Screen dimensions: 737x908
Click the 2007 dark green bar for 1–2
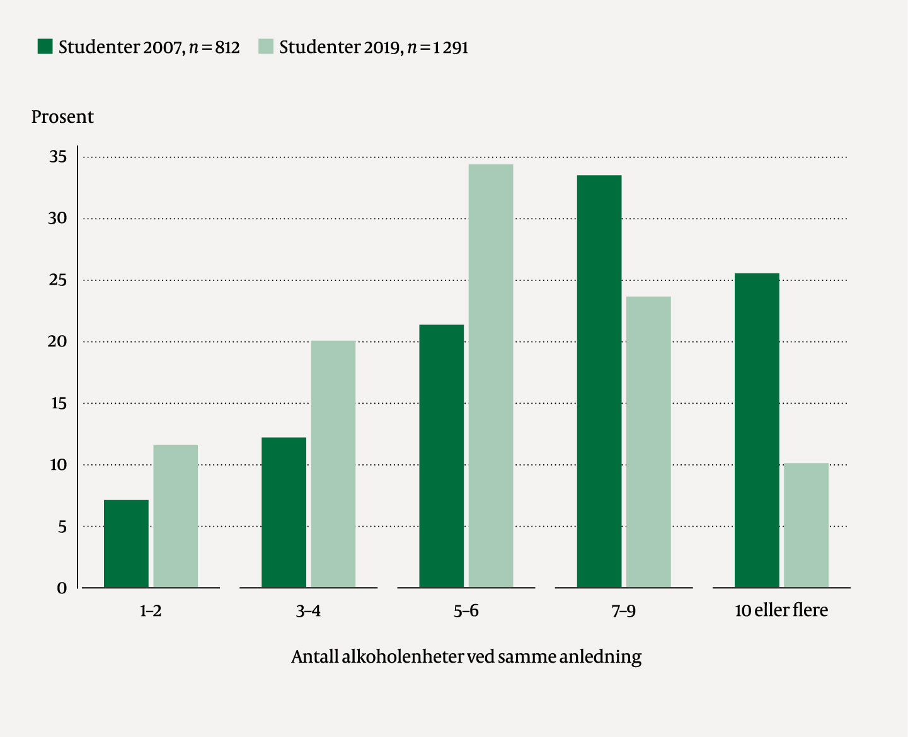tap(126, 544)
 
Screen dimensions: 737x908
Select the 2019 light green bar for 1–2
tap(175, 516)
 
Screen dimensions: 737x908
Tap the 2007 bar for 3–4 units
tap(284, 512)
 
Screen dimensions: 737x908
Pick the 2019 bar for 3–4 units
tap(333, 464)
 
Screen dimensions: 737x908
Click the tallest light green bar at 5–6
tap(490, 375)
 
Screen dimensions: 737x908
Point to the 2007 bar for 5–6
tap(441, 456)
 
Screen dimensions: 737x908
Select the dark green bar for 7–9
tap(599, 381)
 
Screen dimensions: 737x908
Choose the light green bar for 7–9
tap(648, 442)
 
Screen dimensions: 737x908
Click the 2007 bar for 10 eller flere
tap(756, 430)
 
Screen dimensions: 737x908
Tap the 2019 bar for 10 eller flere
tap(806, 525)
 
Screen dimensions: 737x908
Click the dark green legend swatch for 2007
tap(45, 47)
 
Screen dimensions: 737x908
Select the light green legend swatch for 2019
tap(266, 47)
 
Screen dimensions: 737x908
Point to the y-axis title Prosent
tap(62, 117)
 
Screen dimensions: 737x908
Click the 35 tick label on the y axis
tap(58, 157)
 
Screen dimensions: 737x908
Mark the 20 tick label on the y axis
tap(57, 341)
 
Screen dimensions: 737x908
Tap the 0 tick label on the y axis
tap(62, 588)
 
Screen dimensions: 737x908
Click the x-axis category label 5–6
tap(466, 610)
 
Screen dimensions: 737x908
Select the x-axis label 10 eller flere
tap(781, 610)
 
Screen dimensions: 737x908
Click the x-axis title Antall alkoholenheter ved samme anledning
tap(466, 657)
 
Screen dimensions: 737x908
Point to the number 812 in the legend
tap(227, 48)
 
